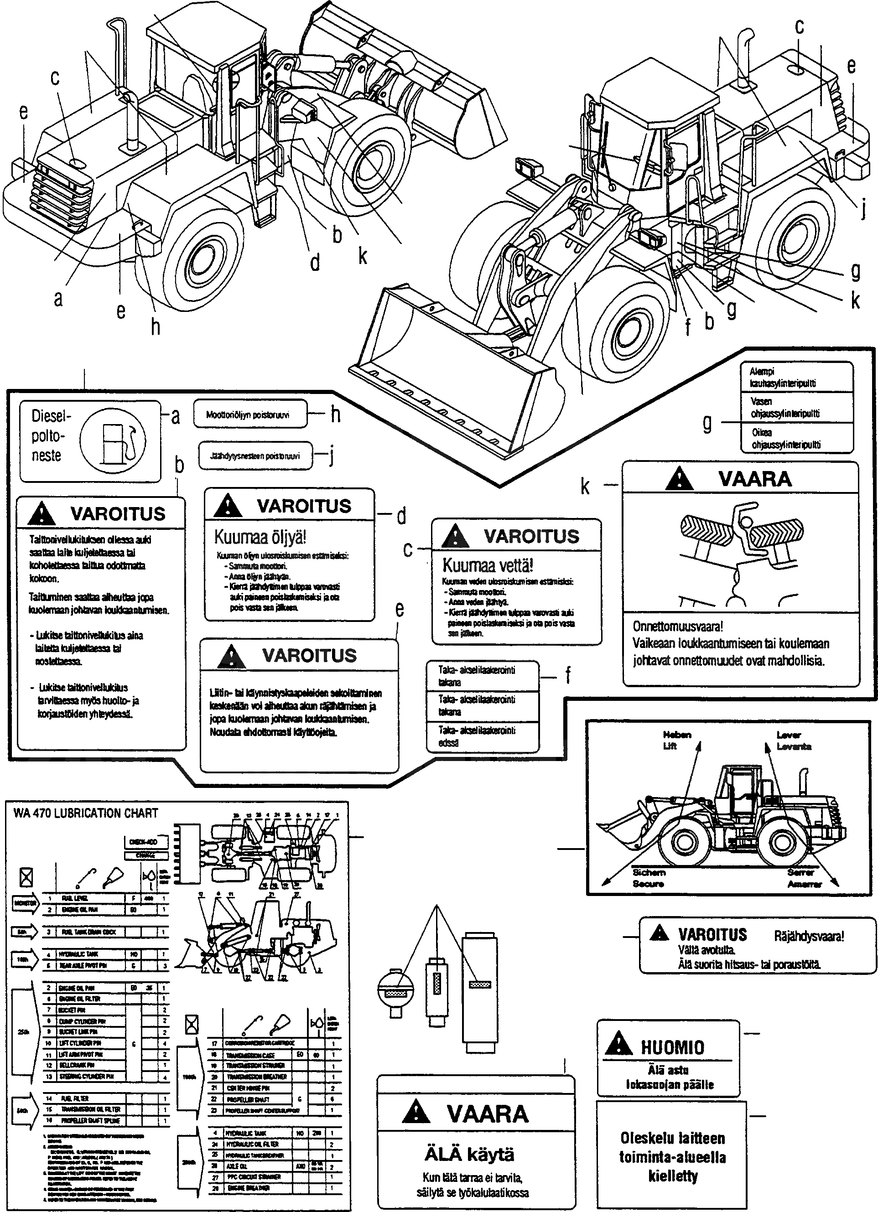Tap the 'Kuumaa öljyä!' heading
(260, 537)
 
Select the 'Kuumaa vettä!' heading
(488, 565)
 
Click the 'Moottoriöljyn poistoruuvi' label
(248, 414)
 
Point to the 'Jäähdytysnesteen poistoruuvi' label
(255, 456)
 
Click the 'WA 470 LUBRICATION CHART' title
(85, 813)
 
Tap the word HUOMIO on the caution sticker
(672, 1047)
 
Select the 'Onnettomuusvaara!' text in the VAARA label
(678, 627)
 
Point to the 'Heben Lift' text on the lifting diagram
(676, 740)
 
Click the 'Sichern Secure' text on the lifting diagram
(649, 878)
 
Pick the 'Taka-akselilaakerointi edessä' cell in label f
(477, 736)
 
